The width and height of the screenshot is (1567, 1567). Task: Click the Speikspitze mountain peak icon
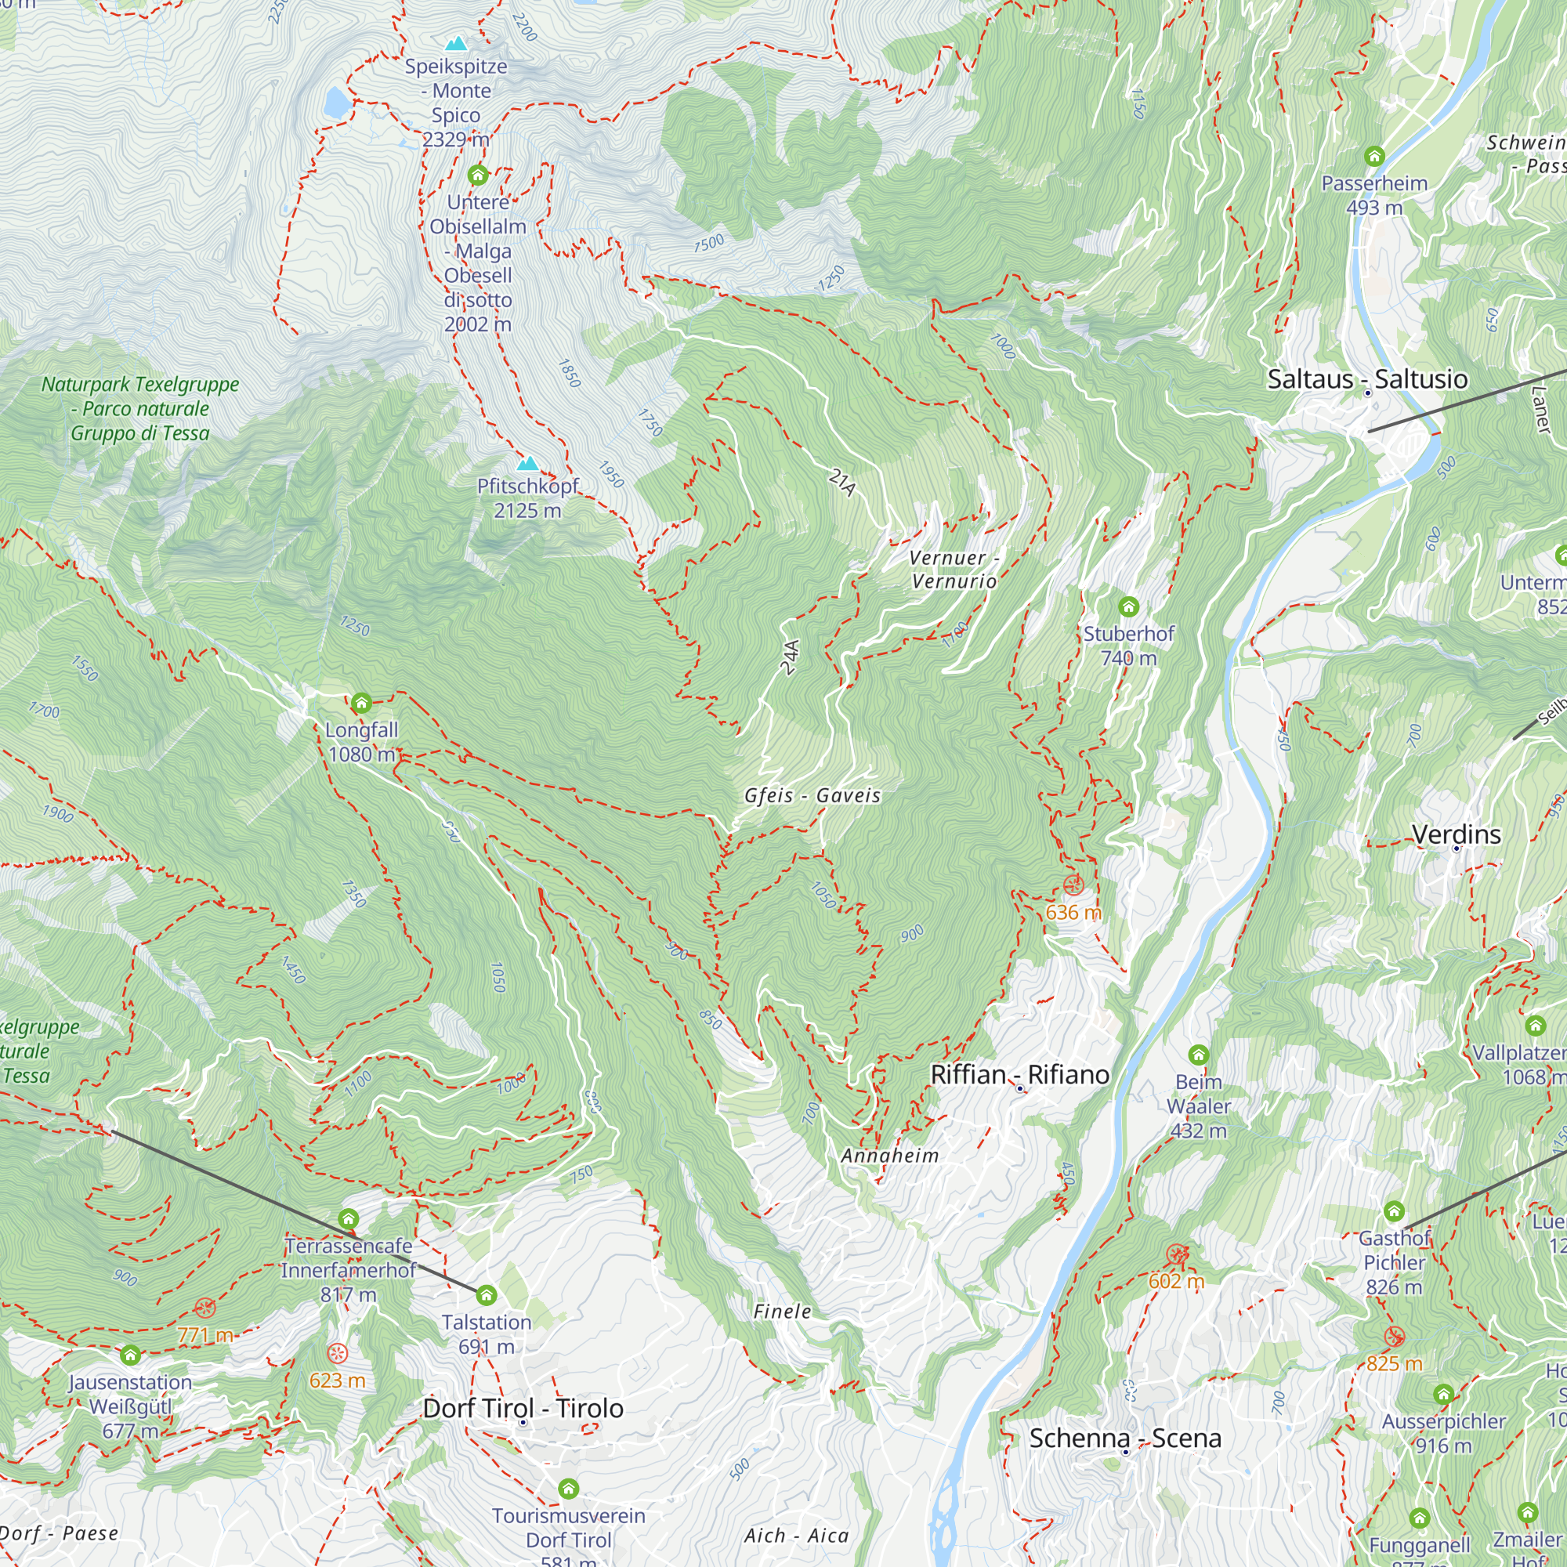click(457, 43)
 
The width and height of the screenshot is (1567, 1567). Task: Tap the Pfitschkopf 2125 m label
click(527, 498)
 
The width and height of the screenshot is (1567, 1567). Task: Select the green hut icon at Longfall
click(362, 702)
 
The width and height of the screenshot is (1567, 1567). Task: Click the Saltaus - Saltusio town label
click(1367, 378)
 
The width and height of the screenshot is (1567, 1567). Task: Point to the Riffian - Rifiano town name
click(1019, 1075)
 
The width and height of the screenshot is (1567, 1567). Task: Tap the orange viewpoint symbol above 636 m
click(1073, 884)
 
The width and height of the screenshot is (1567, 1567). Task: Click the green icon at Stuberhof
click(1128, 606)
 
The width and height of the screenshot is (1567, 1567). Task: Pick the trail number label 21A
click(843, 482)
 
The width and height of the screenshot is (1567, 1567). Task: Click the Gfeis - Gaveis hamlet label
click(812, 796)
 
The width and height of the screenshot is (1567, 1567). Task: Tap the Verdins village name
click(1457, 834)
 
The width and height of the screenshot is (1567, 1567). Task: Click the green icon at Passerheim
click(1374, 156)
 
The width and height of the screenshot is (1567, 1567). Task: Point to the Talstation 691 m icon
click(486, 1294)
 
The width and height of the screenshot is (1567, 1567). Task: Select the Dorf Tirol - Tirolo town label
click(523, 1408)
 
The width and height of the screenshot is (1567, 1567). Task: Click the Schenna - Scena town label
click(1125, 1438)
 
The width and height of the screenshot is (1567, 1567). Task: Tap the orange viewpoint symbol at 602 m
click(1176, 1255)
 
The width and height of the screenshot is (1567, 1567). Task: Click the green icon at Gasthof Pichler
click(1393, 1212)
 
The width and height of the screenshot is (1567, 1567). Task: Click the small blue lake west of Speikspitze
click(335, 103)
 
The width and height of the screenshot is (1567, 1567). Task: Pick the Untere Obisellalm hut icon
click(478, 175)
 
